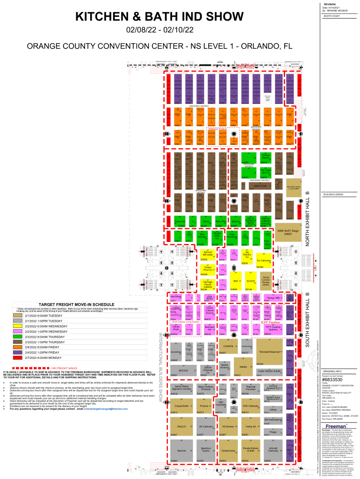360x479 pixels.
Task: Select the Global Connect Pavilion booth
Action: coord(266,281)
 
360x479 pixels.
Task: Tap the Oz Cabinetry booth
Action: coord(263,261)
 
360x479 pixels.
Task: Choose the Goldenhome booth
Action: coord(228,451)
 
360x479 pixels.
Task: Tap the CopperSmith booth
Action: coord(181,406)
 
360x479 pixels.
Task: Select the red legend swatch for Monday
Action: coord(19,357)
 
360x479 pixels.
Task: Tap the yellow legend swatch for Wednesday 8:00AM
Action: coord(19,326)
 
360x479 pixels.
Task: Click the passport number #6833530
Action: coord(333,379)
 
